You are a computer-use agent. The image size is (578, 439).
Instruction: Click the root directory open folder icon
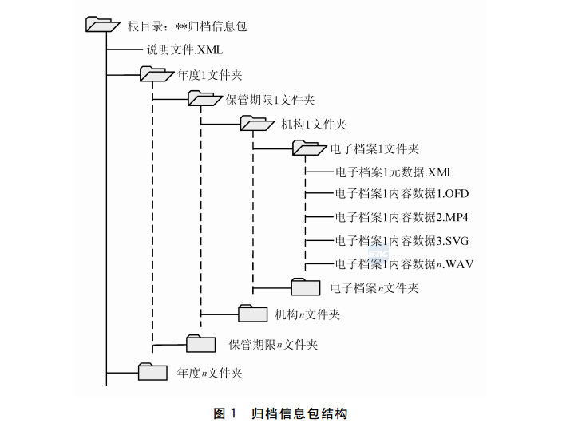(102, 25)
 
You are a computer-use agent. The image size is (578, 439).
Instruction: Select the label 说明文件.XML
(184, 49)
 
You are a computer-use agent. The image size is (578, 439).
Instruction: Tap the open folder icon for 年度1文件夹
(156, 74)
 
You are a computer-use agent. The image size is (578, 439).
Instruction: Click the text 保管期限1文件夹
(270, 100)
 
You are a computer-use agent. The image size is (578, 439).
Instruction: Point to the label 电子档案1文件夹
(374, 148)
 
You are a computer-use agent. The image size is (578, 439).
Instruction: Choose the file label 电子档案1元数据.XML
(394, 172)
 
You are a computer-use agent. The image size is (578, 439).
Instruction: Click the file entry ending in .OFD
(402, 194)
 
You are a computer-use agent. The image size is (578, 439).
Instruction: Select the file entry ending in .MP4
(402, 217)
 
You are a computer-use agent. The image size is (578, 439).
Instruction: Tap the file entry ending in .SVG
(402, 240)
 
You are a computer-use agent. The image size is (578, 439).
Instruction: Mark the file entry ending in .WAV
(404, 263)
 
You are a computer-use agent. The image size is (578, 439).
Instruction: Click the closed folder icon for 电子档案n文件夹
(305, 287)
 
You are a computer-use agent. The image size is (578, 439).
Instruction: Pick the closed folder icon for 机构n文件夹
(253, 313)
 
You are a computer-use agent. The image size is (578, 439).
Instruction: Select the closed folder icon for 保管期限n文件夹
(201, 344)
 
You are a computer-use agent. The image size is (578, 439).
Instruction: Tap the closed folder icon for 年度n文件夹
(152, 372)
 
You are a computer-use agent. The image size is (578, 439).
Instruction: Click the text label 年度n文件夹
(209, 373)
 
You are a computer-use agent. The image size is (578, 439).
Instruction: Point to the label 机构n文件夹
(307, 314)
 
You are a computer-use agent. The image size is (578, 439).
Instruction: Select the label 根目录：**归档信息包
(188, 26)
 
